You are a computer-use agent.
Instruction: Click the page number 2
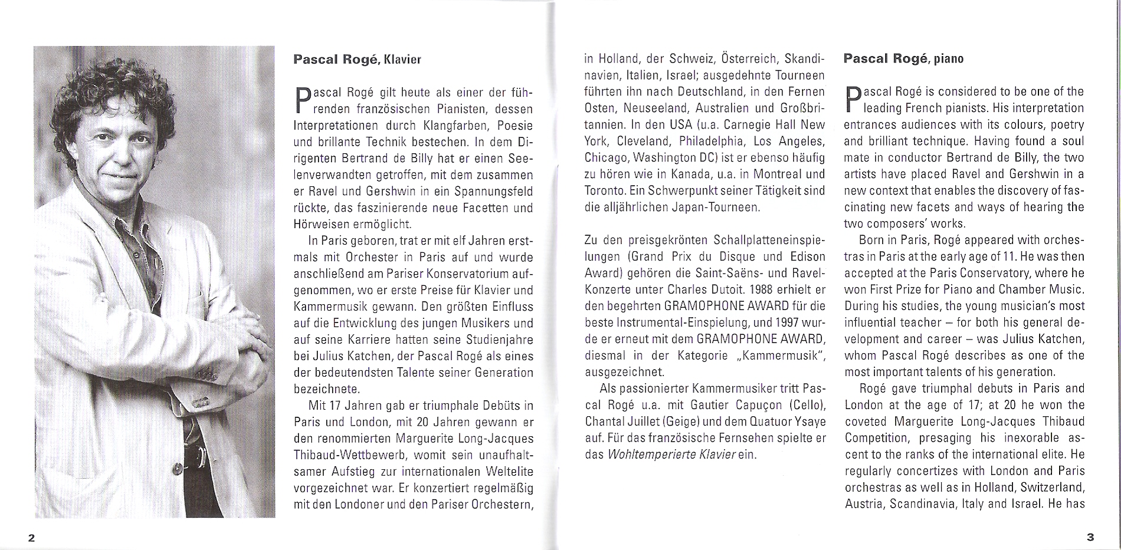pos(32,538)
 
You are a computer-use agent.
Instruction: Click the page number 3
pos(1090,537)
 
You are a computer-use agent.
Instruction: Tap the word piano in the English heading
pos(949,59)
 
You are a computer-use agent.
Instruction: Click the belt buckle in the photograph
pos(199,456)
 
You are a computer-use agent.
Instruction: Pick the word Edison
pos(805,257)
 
